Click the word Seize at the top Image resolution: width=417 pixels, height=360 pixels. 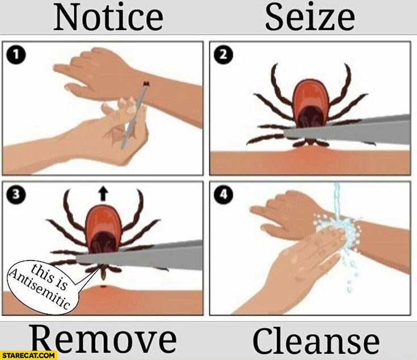pyautogui.click(x=310, y=17)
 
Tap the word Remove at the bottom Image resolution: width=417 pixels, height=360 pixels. pyautogui.click(x=104, y=339)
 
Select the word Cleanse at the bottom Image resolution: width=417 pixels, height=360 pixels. pyautogui.click(x=316, y=340)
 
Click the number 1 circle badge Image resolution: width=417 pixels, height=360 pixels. pyautogui.click(x=16, y=55)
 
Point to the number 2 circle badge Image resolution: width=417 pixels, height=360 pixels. pyautogui.click(x=224, y=55)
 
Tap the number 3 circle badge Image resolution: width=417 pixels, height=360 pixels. pyautogui.click(x=16, y=195)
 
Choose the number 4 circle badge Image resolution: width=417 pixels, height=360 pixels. pyautogui.click(x=224, y=195)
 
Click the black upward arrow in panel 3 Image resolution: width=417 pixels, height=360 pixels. pyautogui.click(x=103, y=194)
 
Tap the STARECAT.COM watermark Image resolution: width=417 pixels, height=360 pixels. pyautogui.click(x=28, y=355)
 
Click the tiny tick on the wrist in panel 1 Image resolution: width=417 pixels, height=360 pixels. pyautogui.click(x=146, y=84)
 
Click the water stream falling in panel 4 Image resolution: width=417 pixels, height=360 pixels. pyautogui.click(x=338, y=202)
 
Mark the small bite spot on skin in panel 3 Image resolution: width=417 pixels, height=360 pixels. pyautogui.click(x=104, y=287)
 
